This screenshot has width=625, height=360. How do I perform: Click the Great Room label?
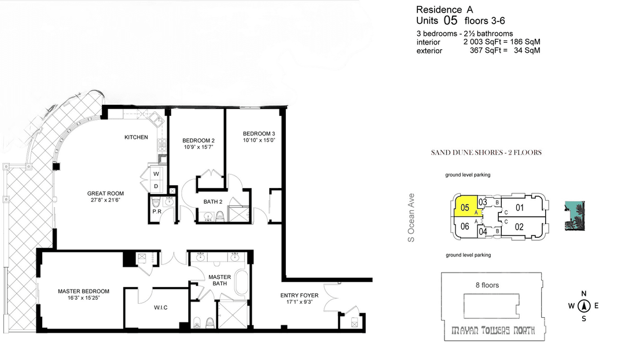(106, 194)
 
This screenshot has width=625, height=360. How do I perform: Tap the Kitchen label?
(137, 137)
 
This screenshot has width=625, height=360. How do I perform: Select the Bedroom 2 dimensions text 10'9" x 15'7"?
(198, 147)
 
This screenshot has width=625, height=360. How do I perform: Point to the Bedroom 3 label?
(259, 134)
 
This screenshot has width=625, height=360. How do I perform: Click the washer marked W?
(156, 174)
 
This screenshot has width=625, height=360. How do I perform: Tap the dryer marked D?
(156, 186)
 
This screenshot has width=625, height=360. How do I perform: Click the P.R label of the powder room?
(157, 211)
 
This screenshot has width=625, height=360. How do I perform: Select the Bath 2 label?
(213, 202)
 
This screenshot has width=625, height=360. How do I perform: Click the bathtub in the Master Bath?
(242, 282)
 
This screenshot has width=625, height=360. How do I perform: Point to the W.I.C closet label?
(161, 307)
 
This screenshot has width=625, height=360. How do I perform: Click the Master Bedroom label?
(84, 292)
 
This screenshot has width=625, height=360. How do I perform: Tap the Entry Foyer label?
(299, 295)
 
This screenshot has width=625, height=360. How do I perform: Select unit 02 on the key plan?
(519, 227)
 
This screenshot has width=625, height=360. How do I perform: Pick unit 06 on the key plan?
(465, 226)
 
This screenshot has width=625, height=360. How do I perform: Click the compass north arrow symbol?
(584, 306)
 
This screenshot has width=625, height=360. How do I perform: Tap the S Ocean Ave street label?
(411, 218)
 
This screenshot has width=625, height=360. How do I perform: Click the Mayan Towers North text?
(493, 330)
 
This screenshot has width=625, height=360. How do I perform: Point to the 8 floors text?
(487, 285)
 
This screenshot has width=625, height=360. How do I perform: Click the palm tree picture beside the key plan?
(575, 216)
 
